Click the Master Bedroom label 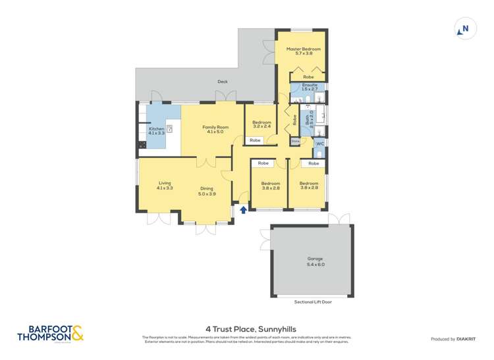click(303, 51)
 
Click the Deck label click(223, 82)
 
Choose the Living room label click(164, 186)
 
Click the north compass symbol click(464, 29)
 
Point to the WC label click(319, 143)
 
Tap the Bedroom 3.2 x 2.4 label click(261, 124)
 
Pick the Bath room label click(308, 119)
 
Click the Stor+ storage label click(295, 141)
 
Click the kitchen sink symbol click(169, 130)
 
